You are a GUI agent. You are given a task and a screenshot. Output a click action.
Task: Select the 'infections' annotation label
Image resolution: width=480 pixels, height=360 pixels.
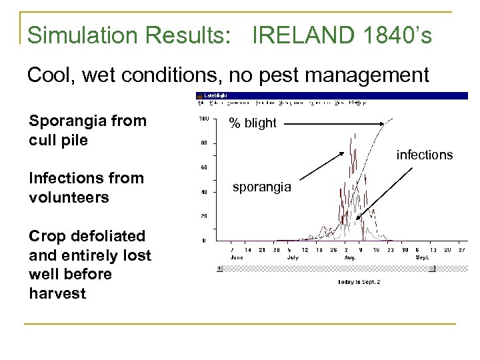tap(424, 155)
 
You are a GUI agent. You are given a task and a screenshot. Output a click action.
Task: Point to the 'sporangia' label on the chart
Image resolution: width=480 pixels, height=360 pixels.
tap(261, 187)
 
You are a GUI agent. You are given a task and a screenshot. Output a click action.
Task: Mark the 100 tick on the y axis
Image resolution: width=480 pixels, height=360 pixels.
tap(203, 119)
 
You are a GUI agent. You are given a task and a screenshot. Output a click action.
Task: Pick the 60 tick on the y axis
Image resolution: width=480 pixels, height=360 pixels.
tap(204, 167)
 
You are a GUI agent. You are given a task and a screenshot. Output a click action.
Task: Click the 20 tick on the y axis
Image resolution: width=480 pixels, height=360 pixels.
tap(204, 216)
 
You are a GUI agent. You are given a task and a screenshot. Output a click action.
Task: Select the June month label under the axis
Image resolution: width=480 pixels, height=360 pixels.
tap(237, 256)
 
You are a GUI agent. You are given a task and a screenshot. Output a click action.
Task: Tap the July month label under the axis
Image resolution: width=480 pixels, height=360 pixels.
tap(292, 256)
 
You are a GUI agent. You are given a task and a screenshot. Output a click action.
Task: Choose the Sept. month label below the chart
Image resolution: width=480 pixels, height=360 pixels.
tap(422, 256)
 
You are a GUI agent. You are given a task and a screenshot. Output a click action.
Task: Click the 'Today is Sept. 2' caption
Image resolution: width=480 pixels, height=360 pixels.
tap(359, 281)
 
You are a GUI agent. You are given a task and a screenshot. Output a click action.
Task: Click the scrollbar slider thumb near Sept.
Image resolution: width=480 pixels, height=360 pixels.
tap(431, 269)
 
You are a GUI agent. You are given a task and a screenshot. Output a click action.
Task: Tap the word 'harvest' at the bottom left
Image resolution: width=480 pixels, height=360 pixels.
tap(57, 293)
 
